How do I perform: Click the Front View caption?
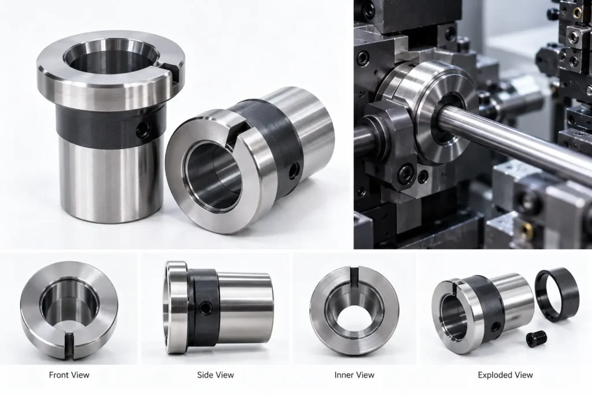[x=69, y=375]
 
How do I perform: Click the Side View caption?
[x=215, y=375]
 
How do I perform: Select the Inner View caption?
[x=354, y=375]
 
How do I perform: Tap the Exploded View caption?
[x=505, y=375]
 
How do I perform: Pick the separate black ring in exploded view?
[x=557, y=294]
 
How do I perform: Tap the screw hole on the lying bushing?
[x=294, y=171]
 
